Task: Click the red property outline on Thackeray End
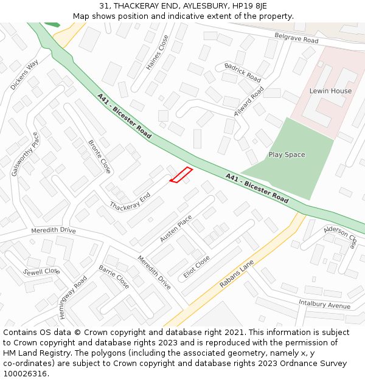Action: click(181, 174)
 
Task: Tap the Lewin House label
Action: click(330, 91)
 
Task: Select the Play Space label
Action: click(287, 154)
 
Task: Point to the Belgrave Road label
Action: click(296, 39)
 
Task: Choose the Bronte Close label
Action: click(99, 156)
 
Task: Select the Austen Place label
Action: click(176, 229)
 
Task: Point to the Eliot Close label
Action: click(196, 266)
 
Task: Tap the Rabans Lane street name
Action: click(237, 274)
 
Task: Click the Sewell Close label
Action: click(41, 271)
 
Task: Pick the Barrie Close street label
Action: click(114, 277)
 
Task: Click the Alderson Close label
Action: click(340, 237)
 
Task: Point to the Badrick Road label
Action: click(242, 72)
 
